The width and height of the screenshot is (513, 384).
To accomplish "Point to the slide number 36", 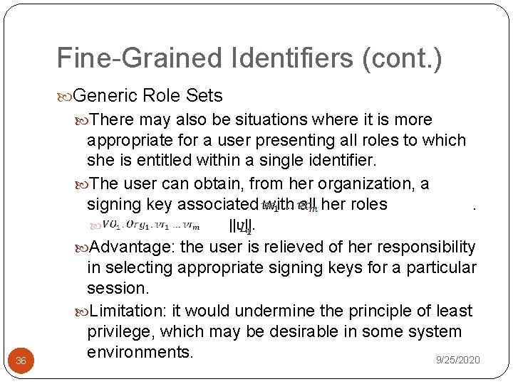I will point(21,361).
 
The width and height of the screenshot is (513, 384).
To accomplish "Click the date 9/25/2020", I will point(457,361).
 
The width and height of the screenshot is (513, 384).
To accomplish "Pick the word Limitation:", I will point(133,311).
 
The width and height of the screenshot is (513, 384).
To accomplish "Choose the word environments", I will point(140,352).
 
